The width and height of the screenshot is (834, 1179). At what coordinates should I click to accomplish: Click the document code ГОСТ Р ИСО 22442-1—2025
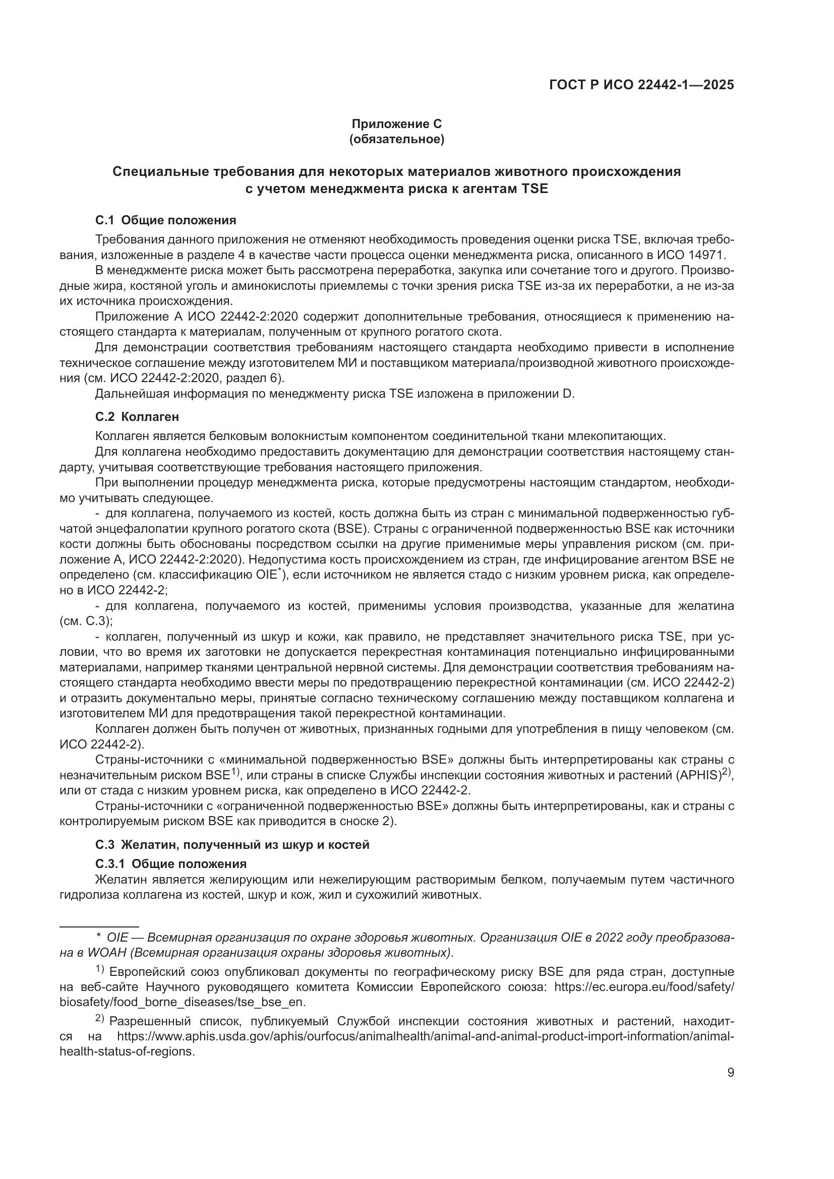[641, 85]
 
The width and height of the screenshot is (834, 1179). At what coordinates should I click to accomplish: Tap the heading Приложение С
[396, 124]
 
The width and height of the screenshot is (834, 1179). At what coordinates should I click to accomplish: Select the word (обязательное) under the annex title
[396, 139]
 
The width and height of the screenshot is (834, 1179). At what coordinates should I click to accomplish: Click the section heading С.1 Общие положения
[166, 220]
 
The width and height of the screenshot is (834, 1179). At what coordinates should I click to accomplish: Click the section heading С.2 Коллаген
[137, 416]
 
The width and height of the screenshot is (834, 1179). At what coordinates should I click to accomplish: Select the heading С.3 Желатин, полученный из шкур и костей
[232, 844]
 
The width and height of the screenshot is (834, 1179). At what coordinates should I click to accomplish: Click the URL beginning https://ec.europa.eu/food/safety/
[644, 987]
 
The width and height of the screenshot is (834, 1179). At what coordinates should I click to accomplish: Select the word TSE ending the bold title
[534, 189]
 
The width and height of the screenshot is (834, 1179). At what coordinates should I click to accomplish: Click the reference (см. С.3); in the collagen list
[86, 621]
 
